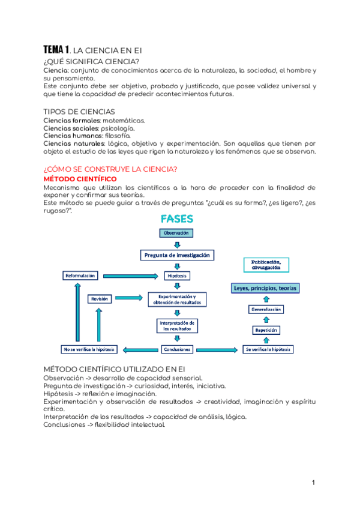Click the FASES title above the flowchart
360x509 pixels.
pos(176,219)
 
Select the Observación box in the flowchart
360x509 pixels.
pos(176,233)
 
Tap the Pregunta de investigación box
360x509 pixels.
pos(177,255)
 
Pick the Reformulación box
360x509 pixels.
pos(80,276)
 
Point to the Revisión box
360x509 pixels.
pos(99,298)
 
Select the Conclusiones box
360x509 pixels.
pos(176,349)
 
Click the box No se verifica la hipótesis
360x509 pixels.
pos(89,349)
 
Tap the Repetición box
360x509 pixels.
pos(265,330)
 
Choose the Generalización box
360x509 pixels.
pos(265,309)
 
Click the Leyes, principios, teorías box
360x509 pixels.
pos(265,288)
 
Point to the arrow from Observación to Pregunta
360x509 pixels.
pos(176,244)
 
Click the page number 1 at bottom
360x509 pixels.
pos(313,483)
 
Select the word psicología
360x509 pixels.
pos(118,128)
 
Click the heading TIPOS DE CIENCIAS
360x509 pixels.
pos(80,112)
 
